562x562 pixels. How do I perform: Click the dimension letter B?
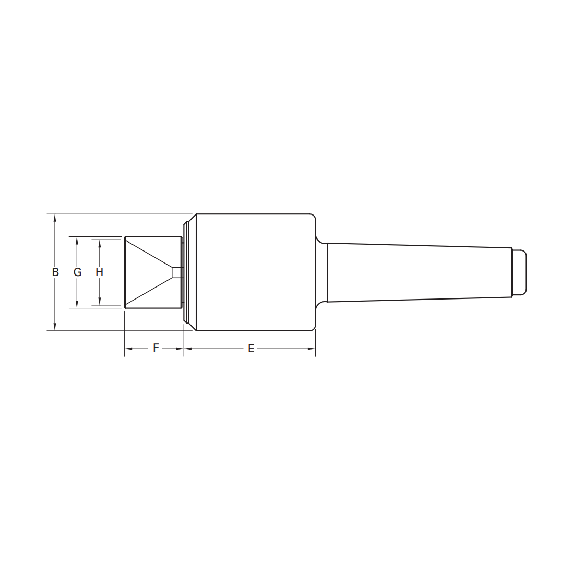(x=55, y=272)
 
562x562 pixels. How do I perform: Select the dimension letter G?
(x=77, y=272)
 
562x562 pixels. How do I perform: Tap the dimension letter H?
(x=99, y=272)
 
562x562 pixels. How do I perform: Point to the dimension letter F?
(x=156, y=348)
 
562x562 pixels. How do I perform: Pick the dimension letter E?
(x=251, y=349)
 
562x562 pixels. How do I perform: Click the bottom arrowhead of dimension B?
(x=55, y=326)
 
